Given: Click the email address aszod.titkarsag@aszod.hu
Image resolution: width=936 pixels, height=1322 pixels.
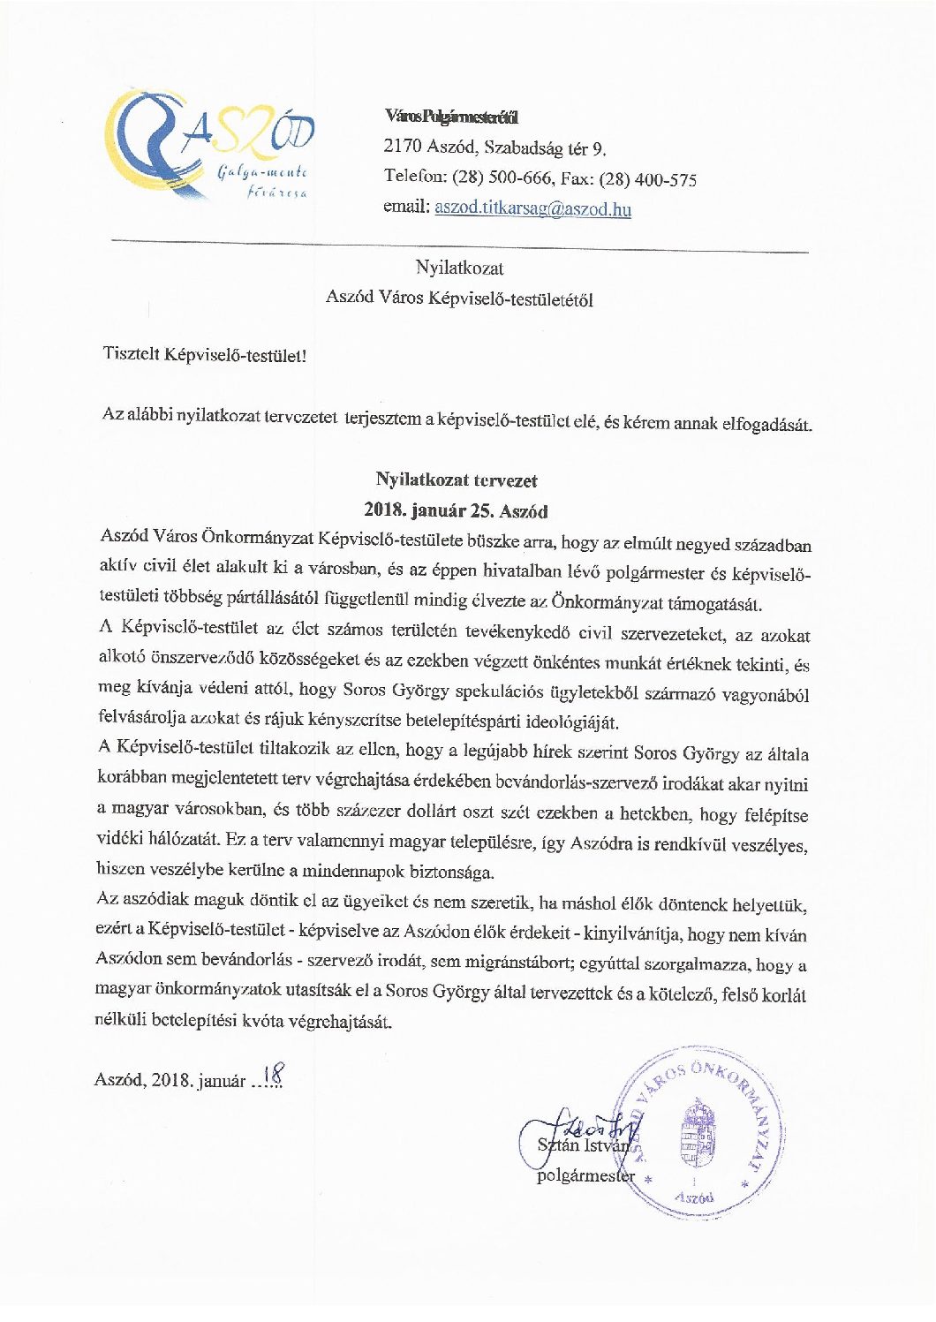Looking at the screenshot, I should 532,209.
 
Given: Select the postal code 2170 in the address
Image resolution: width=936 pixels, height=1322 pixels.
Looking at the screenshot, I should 402,146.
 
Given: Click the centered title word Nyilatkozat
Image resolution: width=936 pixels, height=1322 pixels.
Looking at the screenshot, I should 459,268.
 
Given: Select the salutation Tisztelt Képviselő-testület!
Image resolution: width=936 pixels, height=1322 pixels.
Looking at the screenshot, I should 204,356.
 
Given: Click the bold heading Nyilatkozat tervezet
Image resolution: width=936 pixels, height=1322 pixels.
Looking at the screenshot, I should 456,480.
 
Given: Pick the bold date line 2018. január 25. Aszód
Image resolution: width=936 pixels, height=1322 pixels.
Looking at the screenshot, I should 456,511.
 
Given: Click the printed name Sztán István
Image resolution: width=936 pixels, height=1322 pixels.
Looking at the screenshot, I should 584,1145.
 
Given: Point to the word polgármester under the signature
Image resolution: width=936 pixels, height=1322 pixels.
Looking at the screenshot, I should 585,1175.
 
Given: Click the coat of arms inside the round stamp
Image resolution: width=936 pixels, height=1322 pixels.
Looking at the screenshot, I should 697,1132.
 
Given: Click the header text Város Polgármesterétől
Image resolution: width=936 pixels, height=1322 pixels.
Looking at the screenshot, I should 450,116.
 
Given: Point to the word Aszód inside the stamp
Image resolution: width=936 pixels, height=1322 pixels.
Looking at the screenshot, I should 695,1198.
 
